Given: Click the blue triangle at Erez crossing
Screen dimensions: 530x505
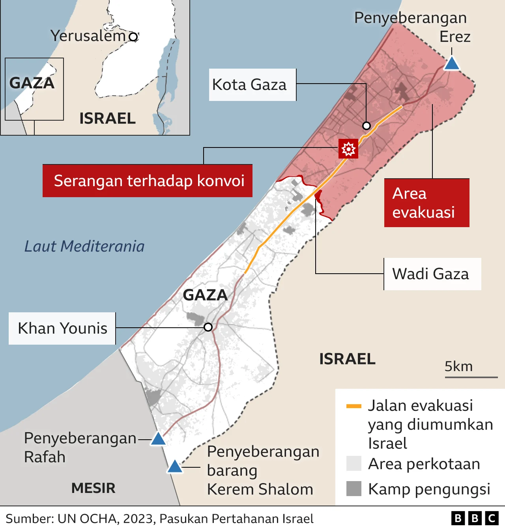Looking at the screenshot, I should coord(452,64).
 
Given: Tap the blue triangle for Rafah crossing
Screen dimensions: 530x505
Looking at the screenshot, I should coord(158,439).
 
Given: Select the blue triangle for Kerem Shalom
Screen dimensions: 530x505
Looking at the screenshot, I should coord(175,467).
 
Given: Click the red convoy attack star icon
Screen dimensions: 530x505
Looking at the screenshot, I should coord(348,149).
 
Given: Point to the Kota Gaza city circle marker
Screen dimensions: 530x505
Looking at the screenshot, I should coord(367,126).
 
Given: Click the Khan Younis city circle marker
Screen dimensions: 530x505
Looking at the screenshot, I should coord(208,327).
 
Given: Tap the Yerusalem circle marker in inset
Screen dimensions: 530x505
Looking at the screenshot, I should coord(133,37).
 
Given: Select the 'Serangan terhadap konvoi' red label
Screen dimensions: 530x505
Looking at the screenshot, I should coord(148,181).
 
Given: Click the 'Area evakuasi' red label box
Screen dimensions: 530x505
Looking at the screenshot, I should coord(426,203).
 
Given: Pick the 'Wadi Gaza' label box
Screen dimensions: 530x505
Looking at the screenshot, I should coord(432,274).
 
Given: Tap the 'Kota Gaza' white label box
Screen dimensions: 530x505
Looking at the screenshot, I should coord(252,85).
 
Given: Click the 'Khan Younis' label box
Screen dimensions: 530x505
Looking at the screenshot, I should coord(62,328).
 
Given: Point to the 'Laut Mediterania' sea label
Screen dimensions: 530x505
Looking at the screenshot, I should coord(84,246).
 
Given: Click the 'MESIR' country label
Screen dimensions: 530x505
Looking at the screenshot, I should coord(93,488).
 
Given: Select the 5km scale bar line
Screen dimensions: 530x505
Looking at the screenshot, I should coord(471,377).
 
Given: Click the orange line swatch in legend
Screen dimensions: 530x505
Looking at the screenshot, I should coord(353,406).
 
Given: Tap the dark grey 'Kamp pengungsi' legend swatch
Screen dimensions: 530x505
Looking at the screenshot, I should coord(353,489).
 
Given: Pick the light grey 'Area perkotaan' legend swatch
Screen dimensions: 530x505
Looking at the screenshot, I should coord(353,464).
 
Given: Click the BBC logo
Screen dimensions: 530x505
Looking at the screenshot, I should coord(475,518).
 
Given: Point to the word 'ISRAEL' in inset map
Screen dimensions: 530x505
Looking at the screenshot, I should coord(107,118).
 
